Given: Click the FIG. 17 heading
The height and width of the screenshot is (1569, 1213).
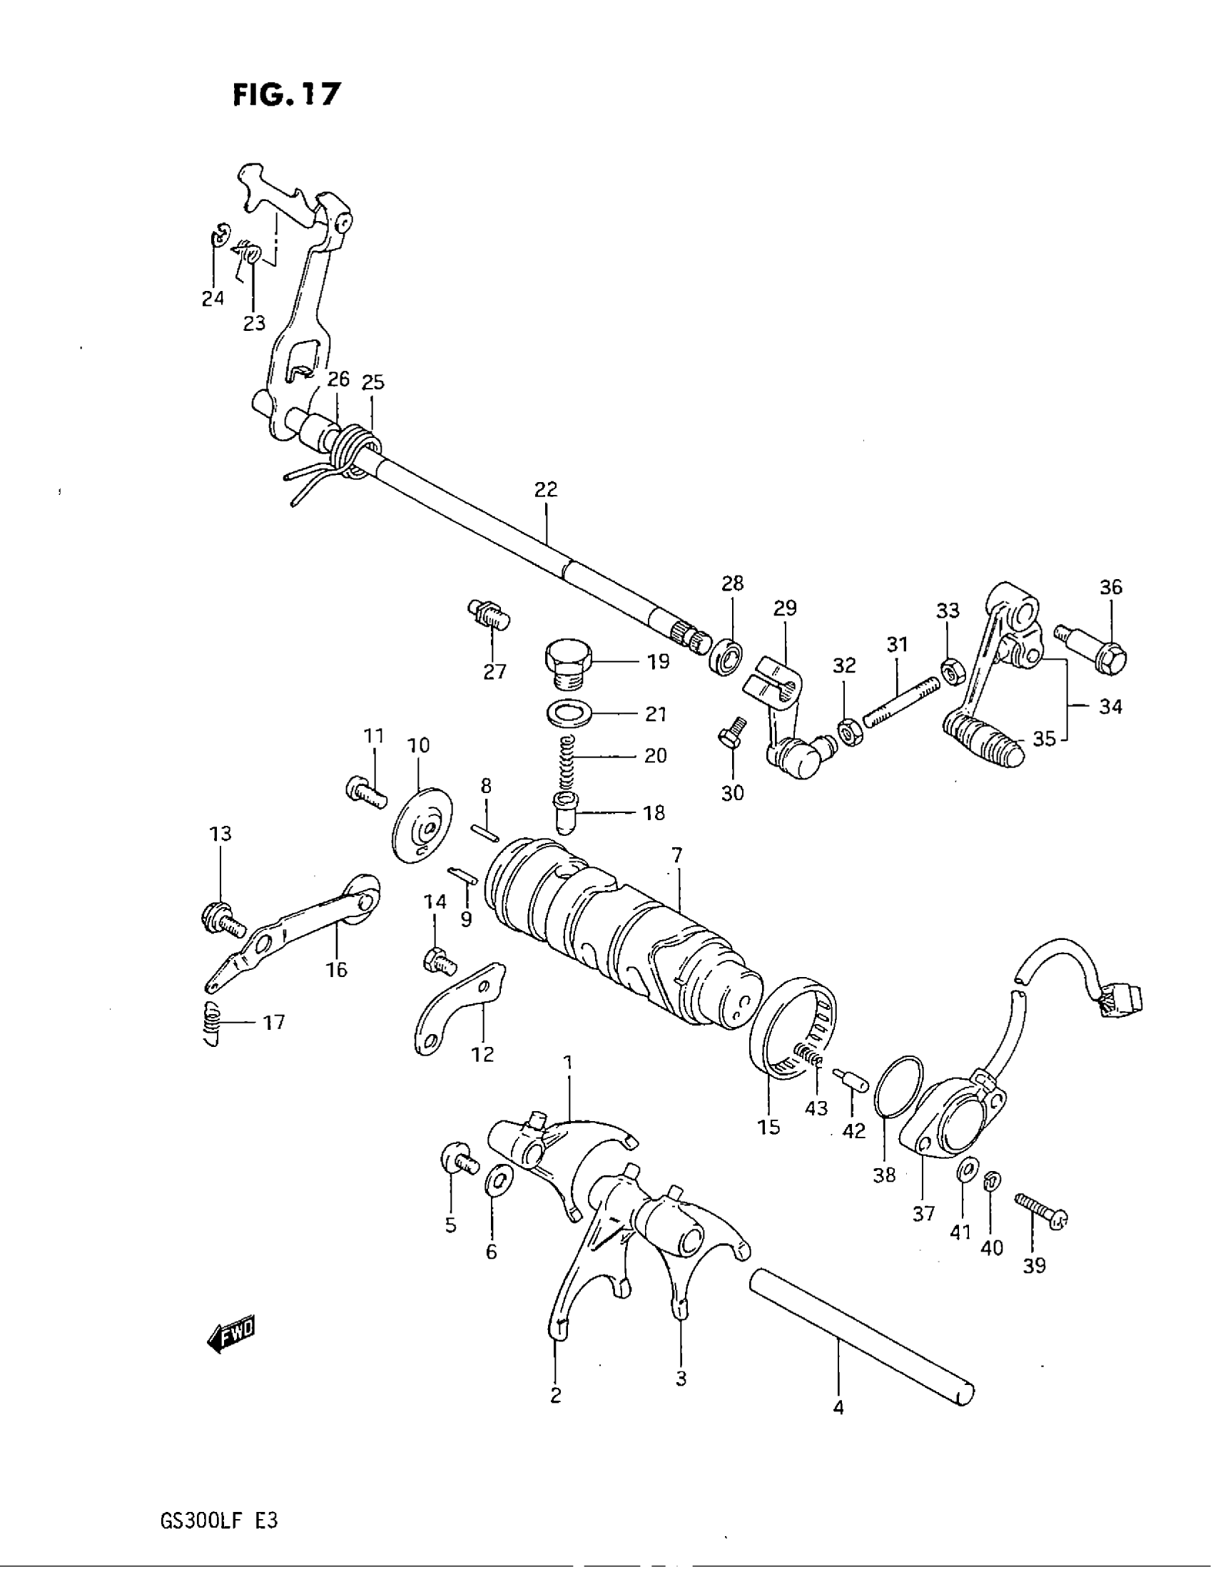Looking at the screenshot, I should (286, 94).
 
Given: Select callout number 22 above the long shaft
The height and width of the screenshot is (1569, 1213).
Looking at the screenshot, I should (545, 490).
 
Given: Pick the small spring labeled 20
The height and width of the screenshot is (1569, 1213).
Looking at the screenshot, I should (568, 757).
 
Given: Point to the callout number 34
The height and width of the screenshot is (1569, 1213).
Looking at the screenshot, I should (1110, 707).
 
